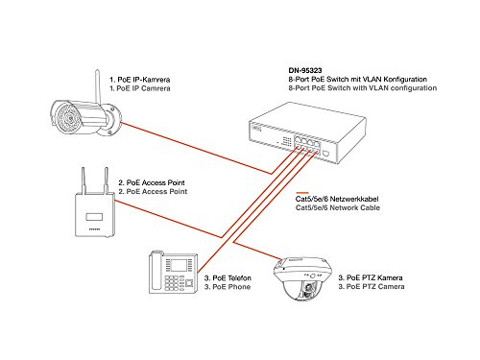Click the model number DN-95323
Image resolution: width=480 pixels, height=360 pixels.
pyautogui.click(x=305, y=69)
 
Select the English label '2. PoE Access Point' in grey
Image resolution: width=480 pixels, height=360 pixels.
pyautogui.click(x=152, y=192)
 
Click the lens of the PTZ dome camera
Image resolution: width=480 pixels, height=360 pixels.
pyautogui.click(x=310, y=290)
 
